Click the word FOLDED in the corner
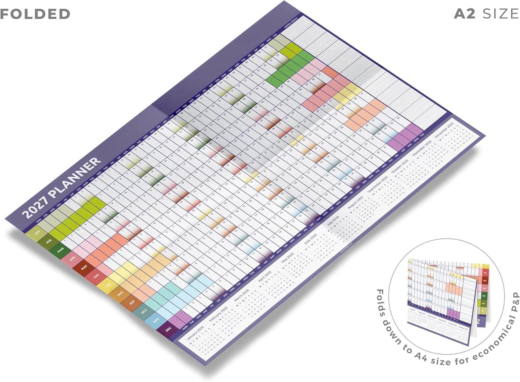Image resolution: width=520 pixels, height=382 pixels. [x=35, y=14]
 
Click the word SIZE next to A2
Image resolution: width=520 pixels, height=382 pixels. [x=501, y=14]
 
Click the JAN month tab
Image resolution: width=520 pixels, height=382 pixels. [x=37, y=232]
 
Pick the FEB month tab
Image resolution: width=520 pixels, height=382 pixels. [x=49, y=241]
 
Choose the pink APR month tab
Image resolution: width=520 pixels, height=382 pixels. [x=72, y=259]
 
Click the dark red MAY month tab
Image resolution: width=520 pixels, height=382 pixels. [x=84, y=267]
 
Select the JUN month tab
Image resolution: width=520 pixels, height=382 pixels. [x=96, y=276]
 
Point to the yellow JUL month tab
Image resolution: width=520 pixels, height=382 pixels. [x=108, y=285]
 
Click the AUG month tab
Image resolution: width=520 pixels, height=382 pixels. [x=120, y=294]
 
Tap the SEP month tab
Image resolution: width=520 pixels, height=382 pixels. [x=132, y=302]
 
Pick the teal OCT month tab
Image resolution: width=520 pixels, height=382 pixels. [x=144, y=311]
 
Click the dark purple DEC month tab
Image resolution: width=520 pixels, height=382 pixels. [x=168, y=329]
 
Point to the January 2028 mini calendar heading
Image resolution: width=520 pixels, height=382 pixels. [x=195, y=333]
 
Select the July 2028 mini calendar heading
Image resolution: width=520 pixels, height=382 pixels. [x=333, y=221]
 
